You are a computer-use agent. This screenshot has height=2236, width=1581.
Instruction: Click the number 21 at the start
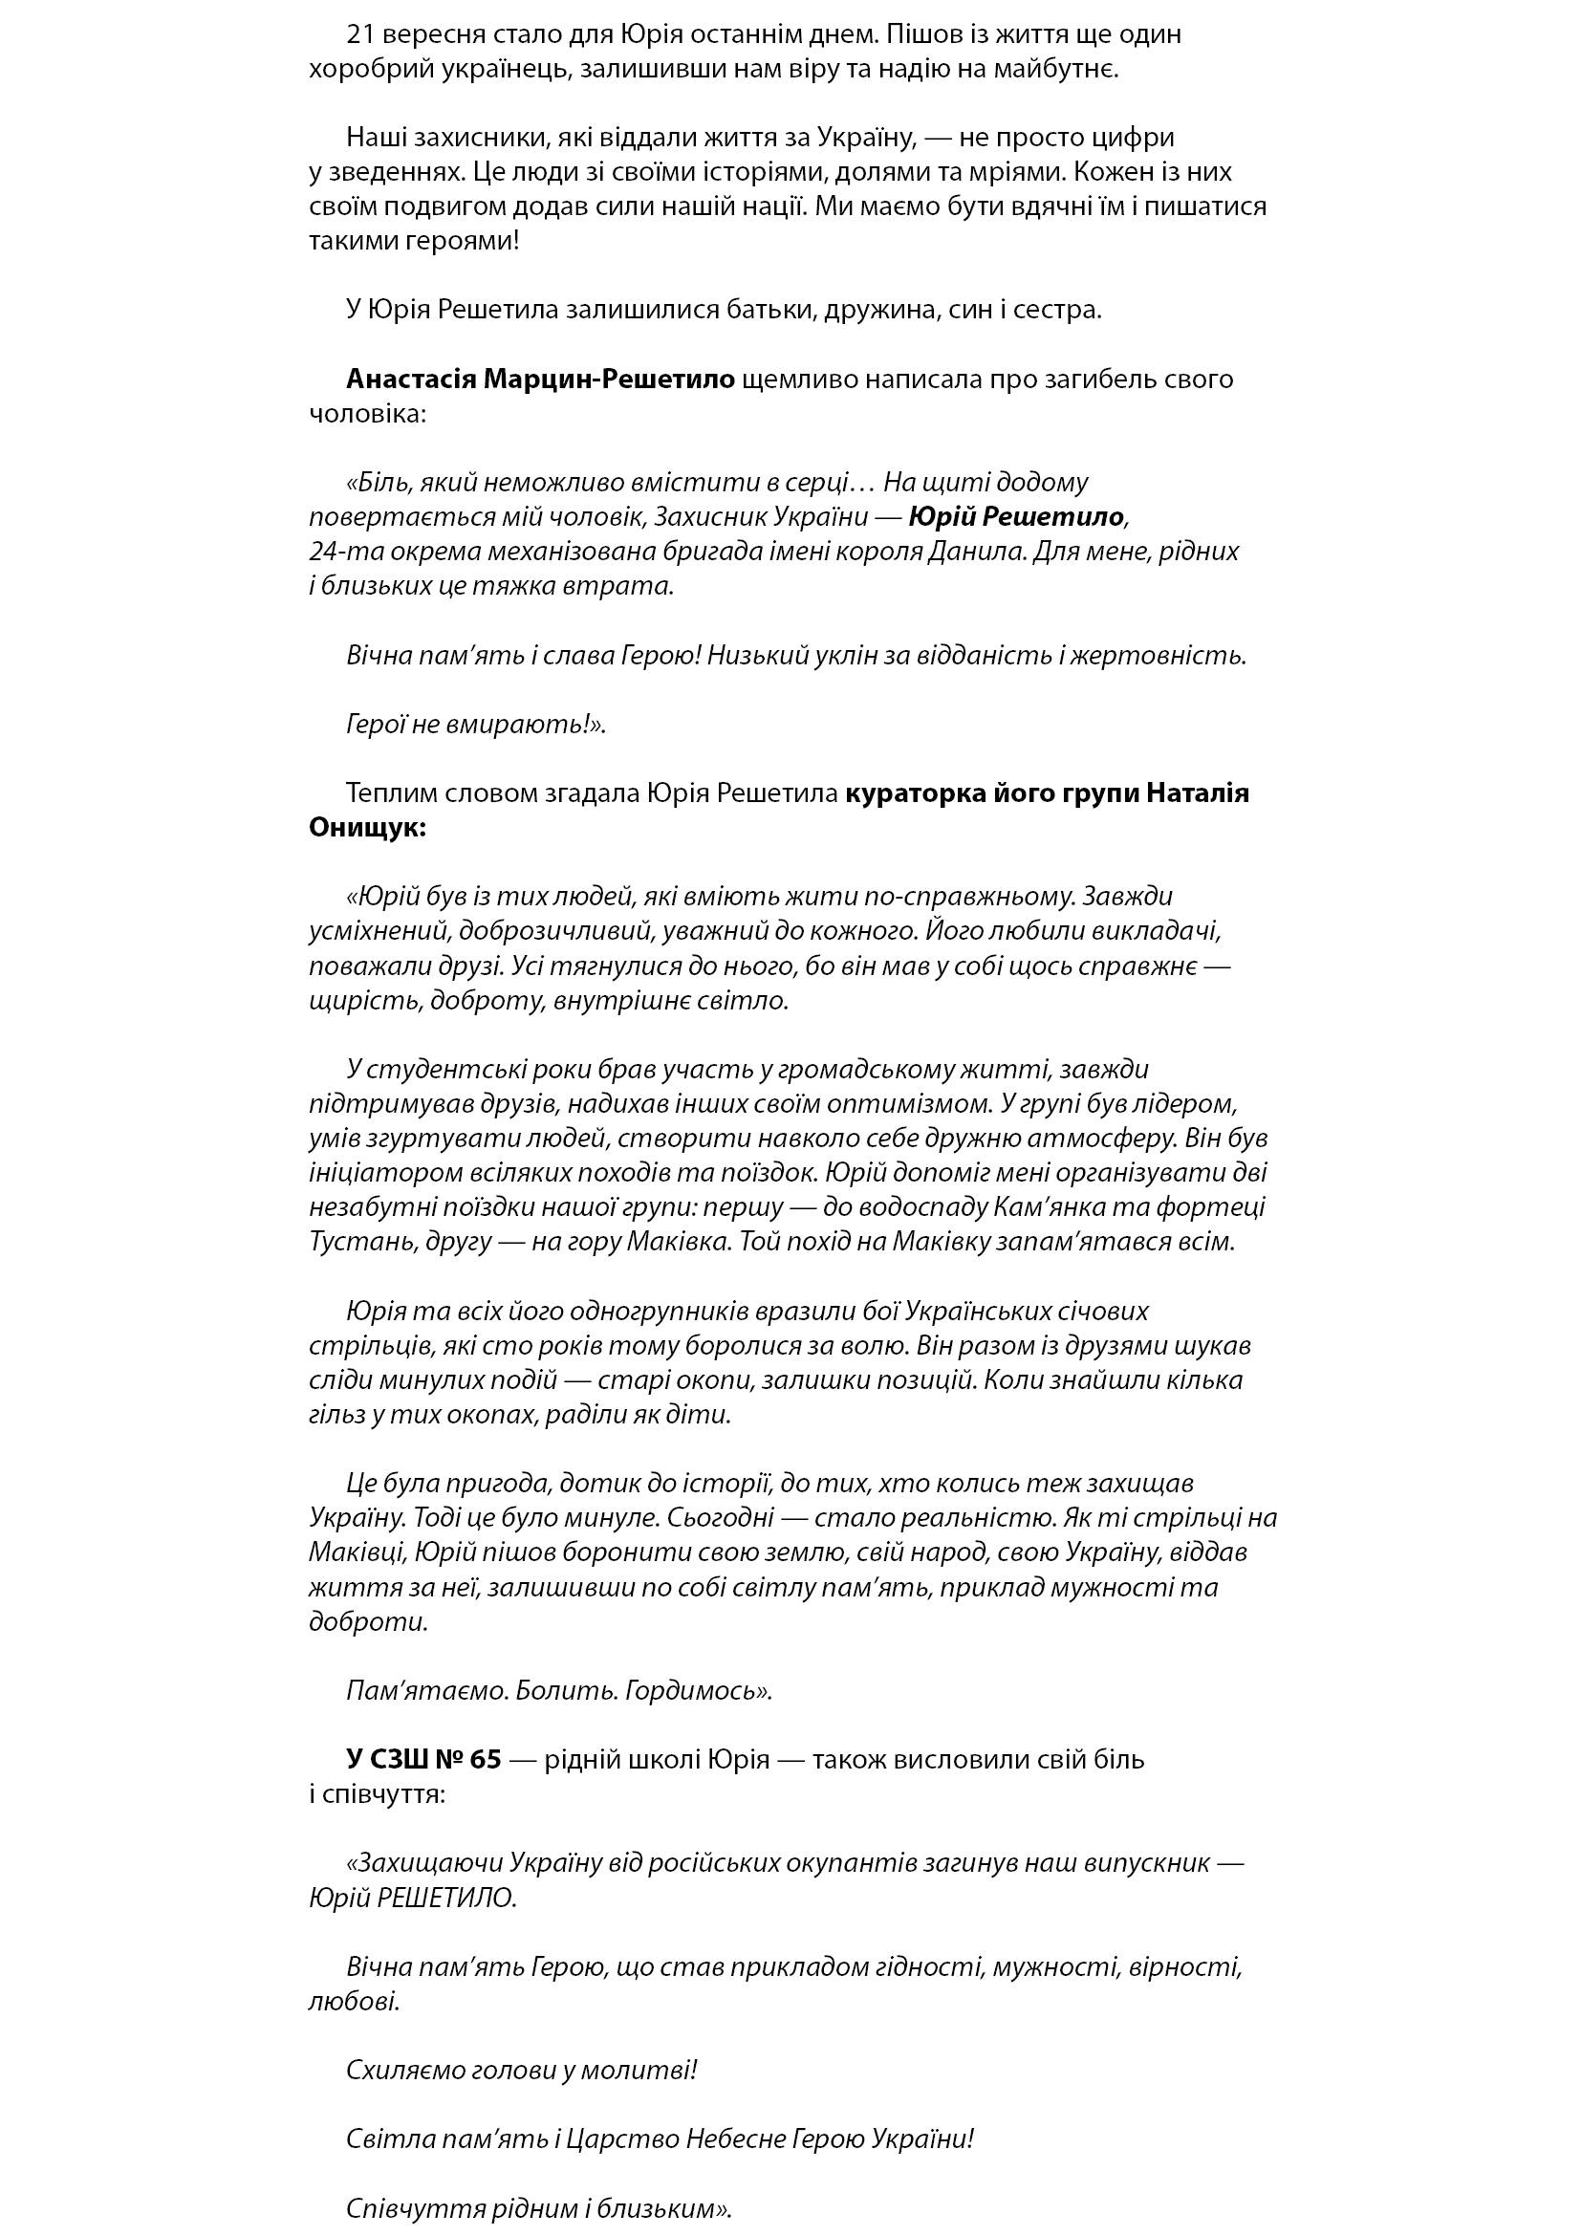pyautogui.click(x=360, y=35)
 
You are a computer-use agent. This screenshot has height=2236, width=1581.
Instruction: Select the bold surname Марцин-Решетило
pyautogui.click(x=609, y=379)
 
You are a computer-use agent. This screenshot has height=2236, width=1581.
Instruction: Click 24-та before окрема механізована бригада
pyautogui.click(x=339, y=552)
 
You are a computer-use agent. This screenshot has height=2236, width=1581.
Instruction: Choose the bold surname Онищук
pyautogui.click(x=366, y=828)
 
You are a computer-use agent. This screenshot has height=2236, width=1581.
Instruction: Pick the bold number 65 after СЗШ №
pyautogui.click(x=485, y=1760)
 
